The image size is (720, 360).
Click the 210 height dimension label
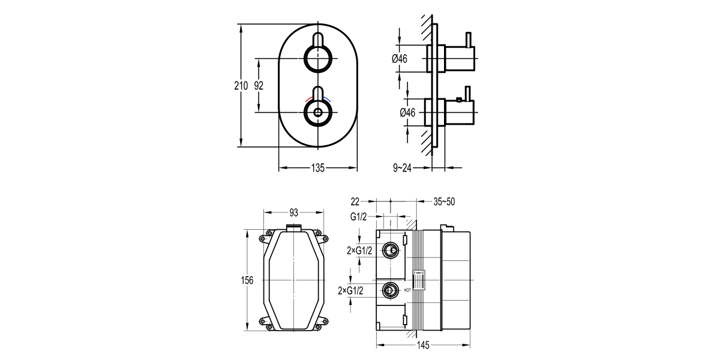(241, 86)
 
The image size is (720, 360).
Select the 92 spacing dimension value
(259, 86)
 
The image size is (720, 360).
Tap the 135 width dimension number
(317, 169)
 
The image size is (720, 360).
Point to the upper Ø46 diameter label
(400, 59)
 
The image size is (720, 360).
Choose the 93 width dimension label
(294, 212)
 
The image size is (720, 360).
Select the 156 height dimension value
(247, 280)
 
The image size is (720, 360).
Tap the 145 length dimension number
(423, 346)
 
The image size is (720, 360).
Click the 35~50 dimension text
(444, 202)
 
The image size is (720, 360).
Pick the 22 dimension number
(355, 202)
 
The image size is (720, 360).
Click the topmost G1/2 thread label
(359, 215)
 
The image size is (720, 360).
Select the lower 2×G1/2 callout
(351, 291)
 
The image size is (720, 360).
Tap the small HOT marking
(407, 291)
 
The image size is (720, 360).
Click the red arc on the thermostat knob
(308, 98)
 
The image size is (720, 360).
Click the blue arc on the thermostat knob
(326, 98)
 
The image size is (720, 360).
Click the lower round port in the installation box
(391, 291)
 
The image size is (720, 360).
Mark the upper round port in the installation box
(391, 250)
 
